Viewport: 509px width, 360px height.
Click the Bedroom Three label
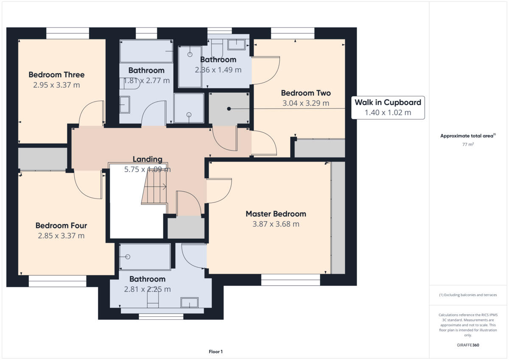point(56,75)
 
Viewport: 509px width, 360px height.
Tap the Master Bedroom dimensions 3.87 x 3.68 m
point(276,224)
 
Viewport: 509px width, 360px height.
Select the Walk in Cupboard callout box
point(388,108)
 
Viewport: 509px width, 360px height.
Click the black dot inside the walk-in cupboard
point(229,109)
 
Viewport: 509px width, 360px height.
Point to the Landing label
point(148,159)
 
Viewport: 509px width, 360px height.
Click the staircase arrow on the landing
point(155,187)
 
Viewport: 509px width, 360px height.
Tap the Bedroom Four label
point(61,226)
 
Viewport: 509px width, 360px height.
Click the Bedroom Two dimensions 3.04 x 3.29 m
point(306,103)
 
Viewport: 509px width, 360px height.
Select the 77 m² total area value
point(468,144)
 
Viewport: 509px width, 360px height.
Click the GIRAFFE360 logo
point(468,345)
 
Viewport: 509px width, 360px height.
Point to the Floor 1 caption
point(215,352)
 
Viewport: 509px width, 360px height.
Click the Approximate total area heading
point(468,136)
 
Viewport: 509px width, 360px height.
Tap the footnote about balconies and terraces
point(468,295)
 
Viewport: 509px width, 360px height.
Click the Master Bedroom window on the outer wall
point(291,280)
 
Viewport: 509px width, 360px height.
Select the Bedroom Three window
point(67,33)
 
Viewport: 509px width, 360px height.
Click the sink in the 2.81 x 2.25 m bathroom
point(189,302)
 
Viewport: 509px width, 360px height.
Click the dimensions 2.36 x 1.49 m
point(218,70)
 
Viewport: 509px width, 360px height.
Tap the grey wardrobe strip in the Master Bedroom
point(338,218)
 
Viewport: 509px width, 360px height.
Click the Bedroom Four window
point(58,281)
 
